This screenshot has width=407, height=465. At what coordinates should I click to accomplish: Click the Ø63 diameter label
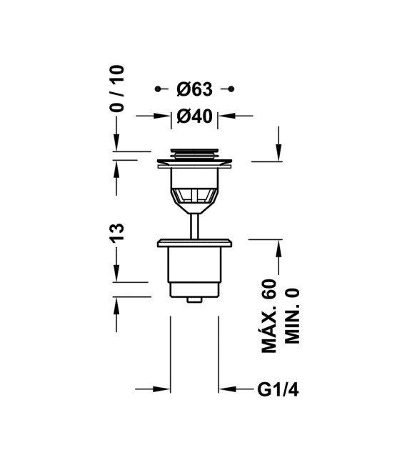pos(194,89)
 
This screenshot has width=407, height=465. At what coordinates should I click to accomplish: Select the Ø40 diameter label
pos(194,116)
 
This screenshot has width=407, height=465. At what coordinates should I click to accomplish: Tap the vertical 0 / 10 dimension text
pos(117,89)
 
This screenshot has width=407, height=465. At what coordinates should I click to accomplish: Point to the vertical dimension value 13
pos(117,232)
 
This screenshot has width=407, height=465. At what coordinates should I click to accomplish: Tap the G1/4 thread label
pos(276,389)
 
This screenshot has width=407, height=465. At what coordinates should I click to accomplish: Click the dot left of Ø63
pos(158,89)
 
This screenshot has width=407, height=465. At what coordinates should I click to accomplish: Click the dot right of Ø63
pos(231,89)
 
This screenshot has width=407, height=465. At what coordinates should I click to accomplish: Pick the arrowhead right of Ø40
pos(226,116)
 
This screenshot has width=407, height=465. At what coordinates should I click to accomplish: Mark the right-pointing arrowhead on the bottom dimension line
pos(162,389)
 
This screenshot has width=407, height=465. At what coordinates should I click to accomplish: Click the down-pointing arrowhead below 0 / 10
pos(116,145)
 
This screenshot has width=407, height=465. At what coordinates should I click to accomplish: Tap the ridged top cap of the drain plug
pos(194,152)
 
